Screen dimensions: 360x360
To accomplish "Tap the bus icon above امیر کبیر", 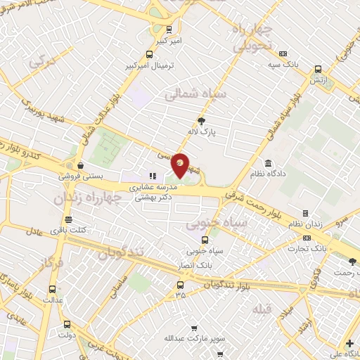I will click(168, 30).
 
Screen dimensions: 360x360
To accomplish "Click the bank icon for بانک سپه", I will click(283, 53).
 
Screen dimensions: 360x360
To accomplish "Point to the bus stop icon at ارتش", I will click(319, 69).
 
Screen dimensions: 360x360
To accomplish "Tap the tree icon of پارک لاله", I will click(202, 121).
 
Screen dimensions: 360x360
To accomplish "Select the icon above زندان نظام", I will click(305, 213).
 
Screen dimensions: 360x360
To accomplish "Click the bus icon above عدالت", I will click(52, 288).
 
